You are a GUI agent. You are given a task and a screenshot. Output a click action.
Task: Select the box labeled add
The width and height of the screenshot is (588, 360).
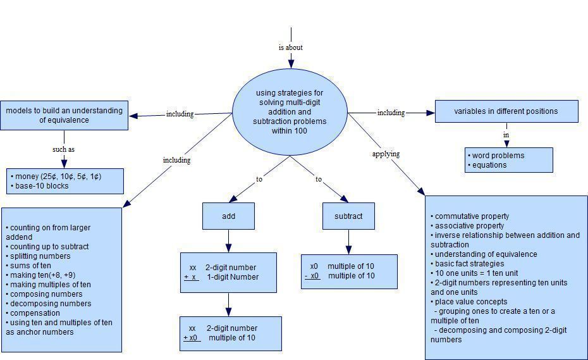point(228,216)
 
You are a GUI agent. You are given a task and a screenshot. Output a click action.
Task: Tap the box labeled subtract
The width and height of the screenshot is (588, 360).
point(348,216)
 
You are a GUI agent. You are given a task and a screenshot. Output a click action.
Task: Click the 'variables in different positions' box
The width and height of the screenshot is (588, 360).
point(506,111)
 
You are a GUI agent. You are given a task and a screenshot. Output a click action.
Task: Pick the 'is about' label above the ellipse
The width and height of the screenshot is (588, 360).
point(290,47)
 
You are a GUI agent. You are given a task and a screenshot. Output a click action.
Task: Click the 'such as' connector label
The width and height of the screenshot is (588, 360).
point(63,150)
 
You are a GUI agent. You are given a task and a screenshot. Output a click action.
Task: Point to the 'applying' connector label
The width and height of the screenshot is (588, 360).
point(386,154)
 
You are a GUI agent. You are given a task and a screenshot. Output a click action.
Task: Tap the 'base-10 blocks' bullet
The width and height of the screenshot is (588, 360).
point(42,186)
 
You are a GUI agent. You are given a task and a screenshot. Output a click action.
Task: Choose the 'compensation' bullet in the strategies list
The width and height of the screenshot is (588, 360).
point(35,313)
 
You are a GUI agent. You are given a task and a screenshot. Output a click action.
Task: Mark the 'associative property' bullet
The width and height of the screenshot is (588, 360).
point(469,226)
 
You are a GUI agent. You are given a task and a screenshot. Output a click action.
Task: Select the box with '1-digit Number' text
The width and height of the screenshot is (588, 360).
point(228,273)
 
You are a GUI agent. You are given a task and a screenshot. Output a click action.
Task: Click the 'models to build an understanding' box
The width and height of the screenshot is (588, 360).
point(64,115)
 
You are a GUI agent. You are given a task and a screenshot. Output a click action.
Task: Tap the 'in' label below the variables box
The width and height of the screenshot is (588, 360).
point(506,135)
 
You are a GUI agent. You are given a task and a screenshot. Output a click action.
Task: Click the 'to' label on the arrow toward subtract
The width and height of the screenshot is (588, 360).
point(319,179)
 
